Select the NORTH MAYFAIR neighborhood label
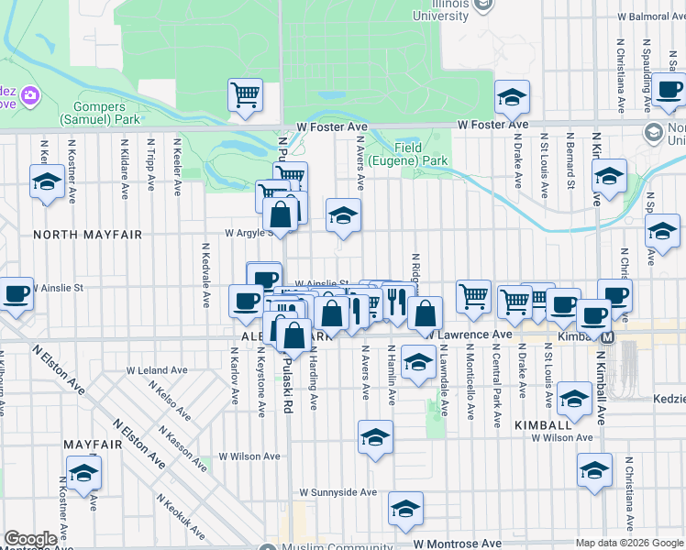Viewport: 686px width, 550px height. (88, 235)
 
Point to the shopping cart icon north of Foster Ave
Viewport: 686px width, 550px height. (246, 93)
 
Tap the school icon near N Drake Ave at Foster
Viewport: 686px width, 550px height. (512, 96)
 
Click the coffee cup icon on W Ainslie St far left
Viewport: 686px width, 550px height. (17, 293)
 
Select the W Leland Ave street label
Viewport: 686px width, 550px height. (157, 370)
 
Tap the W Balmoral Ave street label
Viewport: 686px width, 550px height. (649, 16)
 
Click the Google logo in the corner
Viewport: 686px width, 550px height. (30, 539)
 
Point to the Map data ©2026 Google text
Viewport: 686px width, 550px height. (628, 543)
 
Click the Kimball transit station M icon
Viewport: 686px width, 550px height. (607, 337)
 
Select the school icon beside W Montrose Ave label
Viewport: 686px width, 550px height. (405, 508)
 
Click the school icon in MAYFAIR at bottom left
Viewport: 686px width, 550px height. (83, 472)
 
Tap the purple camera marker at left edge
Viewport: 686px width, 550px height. (30, 95)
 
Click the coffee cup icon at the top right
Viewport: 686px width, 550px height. (669, 90)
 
